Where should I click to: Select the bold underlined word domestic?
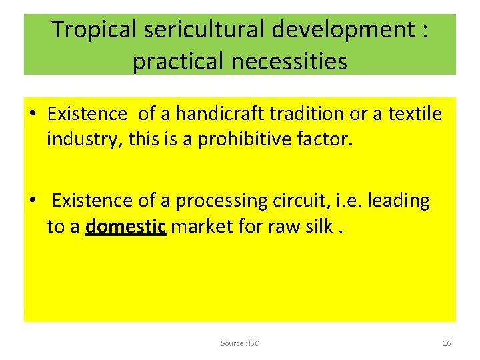click(126, 227)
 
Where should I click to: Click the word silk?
click(319, 227)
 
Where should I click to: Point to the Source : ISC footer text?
click(240, 343)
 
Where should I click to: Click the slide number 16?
click(447, 343)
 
